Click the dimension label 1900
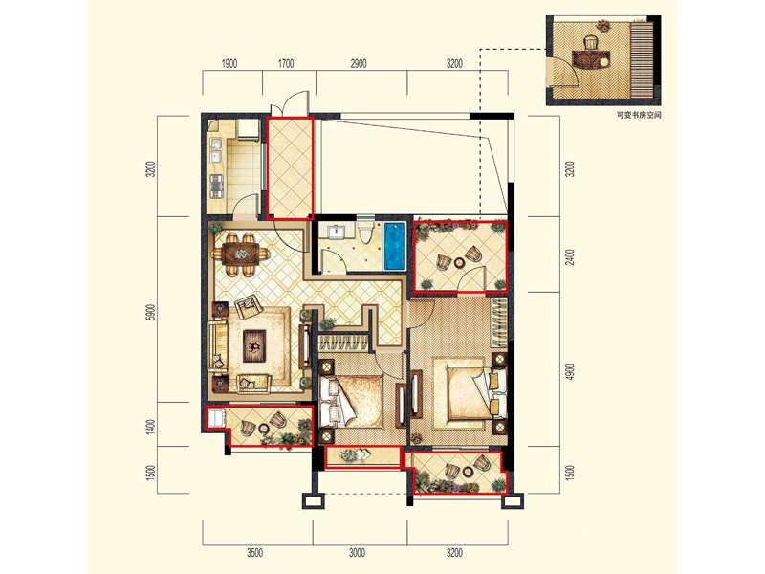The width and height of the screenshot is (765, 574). [x=229, y=64]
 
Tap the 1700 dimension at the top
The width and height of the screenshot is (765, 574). [x=286, y=64]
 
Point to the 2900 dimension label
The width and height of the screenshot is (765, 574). [x=358, y=64]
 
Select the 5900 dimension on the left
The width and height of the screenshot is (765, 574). [x=151, y=312]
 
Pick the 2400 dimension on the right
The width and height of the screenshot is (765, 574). [x=570, y=256]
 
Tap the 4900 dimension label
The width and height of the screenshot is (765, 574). [x=570, y=372]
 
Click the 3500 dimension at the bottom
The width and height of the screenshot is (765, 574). [x=254, y=553]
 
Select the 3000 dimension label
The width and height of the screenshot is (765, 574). [x=357, y=553]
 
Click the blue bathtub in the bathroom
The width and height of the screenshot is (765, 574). [x=394, y=247]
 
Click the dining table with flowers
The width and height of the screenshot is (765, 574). [x=241, y=254]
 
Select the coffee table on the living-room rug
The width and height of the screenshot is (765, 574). [x=254, y=346]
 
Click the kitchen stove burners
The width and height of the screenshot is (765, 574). [x=216, y=186]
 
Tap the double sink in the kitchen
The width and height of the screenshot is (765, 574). [x=215, y=150]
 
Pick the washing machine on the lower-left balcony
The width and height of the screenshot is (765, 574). [x=216, y=418]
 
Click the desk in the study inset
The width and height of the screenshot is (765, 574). [x=591, y=59]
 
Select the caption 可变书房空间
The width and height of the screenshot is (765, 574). [x=639, y=116]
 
